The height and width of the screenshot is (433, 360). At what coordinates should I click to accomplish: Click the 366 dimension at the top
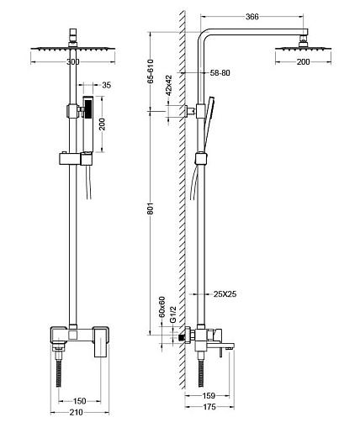click(252, 17)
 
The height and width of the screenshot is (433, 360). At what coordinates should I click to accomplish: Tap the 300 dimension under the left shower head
click(73, 62)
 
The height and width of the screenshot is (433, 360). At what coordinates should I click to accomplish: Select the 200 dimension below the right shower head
click(304, 62)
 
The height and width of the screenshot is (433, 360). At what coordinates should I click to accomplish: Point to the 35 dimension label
click(107, 85)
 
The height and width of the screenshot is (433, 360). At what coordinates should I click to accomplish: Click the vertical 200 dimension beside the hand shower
click(103, 124)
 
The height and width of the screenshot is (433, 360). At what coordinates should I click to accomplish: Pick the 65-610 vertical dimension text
click(151, 71)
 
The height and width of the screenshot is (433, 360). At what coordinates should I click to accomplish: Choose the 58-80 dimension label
click(220, 73)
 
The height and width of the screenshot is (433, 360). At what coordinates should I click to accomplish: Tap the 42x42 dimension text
click(169, 85)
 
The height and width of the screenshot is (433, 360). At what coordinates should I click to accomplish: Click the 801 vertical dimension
click(151, 209)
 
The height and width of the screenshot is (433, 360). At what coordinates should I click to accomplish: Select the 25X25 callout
click(225, 294)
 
